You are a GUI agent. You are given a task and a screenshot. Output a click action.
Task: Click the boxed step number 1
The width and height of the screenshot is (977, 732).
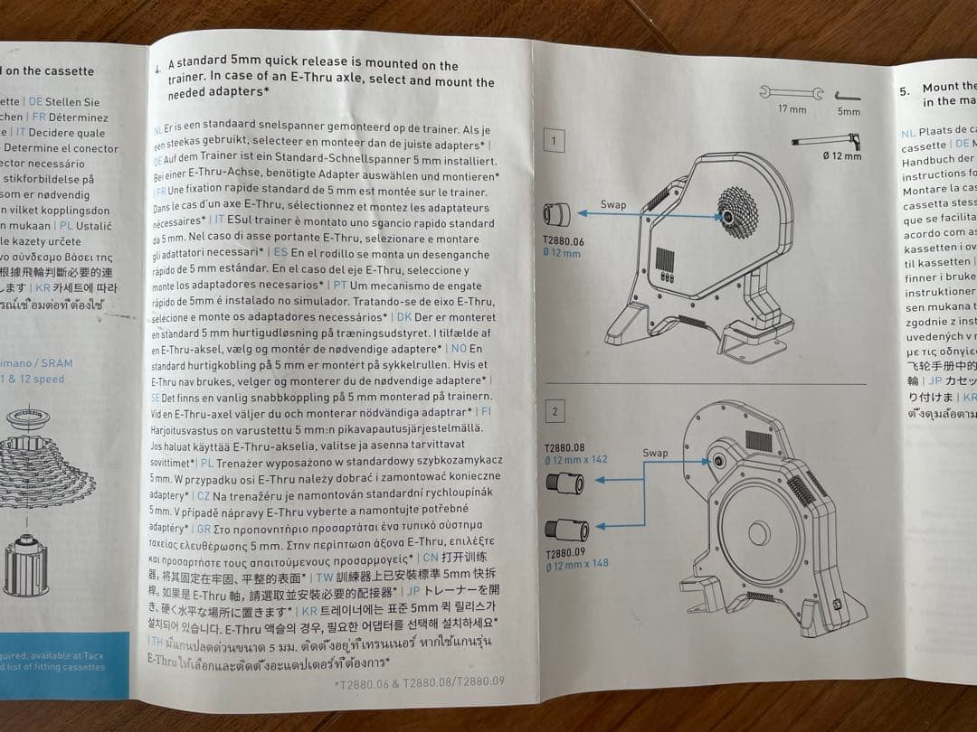(x=554, y=140)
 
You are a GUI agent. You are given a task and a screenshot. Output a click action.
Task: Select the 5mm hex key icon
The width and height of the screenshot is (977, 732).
(x=848, y=96)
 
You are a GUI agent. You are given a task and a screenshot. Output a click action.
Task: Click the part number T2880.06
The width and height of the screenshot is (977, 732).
(x=563, y=241)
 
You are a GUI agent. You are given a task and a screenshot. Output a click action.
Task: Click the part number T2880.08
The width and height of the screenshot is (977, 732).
(x=564, y=447)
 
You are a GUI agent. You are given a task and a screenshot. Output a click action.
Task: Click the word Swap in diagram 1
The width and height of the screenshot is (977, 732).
(x=613, y=205)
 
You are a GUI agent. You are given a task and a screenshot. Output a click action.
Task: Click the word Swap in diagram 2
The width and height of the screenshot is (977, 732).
(x=655, y=453)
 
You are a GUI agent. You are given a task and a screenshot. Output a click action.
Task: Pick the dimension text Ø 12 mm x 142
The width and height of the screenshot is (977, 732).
(x=576, y=459)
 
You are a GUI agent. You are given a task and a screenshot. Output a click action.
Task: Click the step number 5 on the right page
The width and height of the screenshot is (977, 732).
(x=904, y=91)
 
